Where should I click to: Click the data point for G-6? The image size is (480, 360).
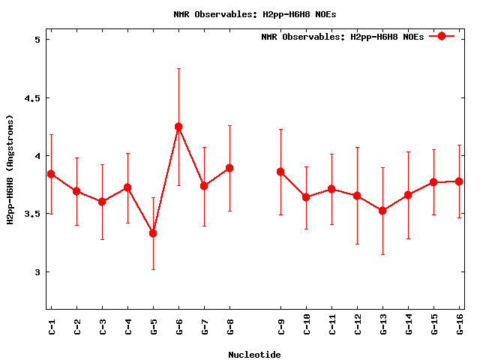(178, 127)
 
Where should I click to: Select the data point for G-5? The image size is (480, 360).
(153, 233)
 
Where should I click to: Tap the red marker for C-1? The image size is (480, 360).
(51, 173)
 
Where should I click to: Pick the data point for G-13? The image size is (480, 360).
(382, 211)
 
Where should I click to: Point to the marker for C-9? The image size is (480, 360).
(280, 172)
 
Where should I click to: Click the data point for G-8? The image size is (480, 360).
(229, 168)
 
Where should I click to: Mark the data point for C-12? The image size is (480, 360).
(357, 196)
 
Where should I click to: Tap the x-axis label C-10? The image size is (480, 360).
(307, 327)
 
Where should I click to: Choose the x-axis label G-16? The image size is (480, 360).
(460, 327)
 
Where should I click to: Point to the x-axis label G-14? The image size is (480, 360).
(409, 327)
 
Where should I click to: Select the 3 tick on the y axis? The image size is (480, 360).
(37, 271)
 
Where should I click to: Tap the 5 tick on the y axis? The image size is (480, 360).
(37, 40)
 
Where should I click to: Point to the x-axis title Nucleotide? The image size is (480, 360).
(254, 355)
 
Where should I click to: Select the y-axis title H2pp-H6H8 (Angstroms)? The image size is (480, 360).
(10, 169)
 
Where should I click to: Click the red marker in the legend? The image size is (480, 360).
(442, 36)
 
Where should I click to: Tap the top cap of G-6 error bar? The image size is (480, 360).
(178, 68)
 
